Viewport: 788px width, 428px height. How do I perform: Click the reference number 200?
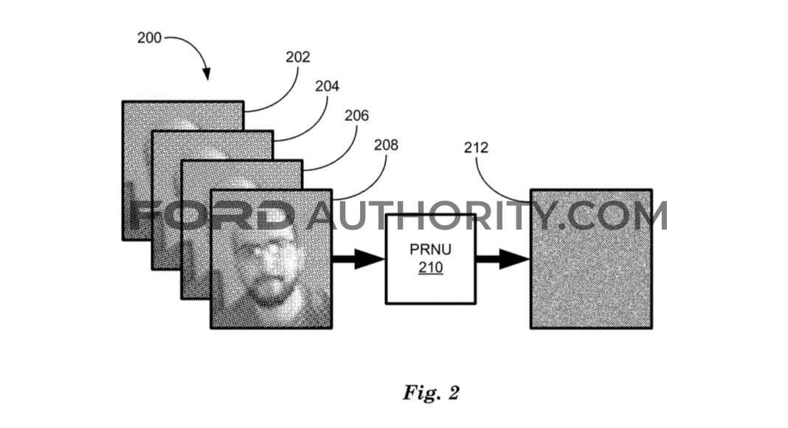click(x=149, y=38)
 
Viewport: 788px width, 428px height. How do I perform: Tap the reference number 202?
click(x=298, y=58)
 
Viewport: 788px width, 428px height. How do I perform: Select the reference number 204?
click(x=327, y=86)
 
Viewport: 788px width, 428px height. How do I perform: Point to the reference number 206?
click(x=357, y=116)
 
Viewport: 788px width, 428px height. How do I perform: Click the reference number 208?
click(x=386, y=145)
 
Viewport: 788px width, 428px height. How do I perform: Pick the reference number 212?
click(x=476, y=148)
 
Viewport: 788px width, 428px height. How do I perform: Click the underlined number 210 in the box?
click(x=431, y=268)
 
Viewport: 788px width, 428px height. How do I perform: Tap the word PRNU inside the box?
click(x=431, y=249)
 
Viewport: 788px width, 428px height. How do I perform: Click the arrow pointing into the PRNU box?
click(x=359, y=259)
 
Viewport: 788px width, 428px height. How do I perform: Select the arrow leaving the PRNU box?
click(x=502, y=259)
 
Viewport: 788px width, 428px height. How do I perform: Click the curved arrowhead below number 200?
click(x=207, y=74)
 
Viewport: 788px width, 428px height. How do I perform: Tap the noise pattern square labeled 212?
click(x=591, y=259)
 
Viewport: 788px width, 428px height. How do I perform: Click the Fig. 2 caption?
click(x=431, y=393)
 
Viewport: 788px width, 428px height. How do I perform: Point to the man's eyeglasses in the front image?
click(x=265, y=248)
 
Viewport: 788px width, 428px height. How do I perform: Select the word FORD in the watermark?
click(x=212, y=215)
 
